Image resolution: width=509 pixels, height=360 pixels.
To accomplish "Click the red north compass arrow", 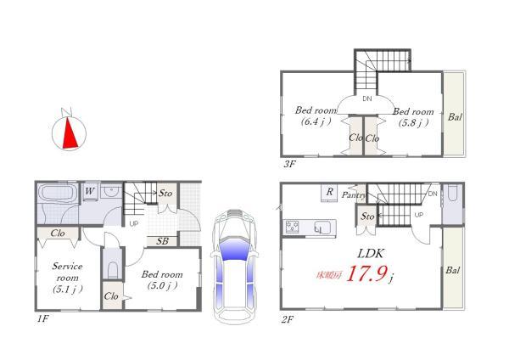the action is (x=70, y=135).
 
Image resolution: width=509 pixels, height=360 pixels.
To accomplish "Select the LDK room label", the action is (x=371, y=253).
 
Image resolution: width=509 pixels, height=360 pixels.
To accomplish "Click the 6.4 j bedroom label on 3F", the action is (x=316, y=116).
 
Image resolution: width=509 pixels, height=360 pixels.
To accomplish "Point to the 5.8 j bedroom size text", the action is (x=414, y=122).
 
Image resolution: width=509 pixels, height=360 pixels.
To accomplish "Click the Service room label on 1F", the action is (x=67, y=272).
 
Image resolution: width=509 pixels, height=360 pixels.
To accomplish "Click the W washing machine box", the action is (x=90, y=191).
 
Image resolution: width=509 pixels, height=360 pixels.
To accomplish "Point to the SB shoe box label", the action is (x=162, y=241).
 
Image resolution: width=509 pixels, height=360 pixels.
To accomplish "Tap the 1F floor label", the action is (x=42, y=319).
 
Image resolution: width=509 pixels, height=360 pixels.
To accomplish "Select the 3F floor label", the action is (x=289, y=164).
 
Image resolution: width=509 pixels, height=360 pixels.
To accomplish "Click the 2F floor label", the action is (x=288, y=320).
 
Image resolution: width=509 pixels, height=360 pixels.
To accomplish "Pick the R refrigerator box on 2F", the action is (x=329, y=193).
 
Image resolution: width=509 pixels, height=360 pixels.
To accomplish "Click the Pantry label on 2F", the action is (x=353, y=195).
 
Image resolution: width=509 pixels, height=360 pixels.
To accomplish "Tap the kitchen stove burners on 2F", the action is (x=292, y=227).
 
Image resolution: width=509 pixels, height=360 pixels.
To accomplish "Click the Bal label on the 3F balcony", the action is (x=455, y=117).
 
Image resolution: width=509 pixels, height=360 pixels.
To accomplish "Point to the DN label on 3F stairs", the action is (x=367, y=98).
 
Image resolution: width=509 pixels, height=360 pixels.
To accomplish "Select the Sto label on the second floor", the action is (x=367, y=216).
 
